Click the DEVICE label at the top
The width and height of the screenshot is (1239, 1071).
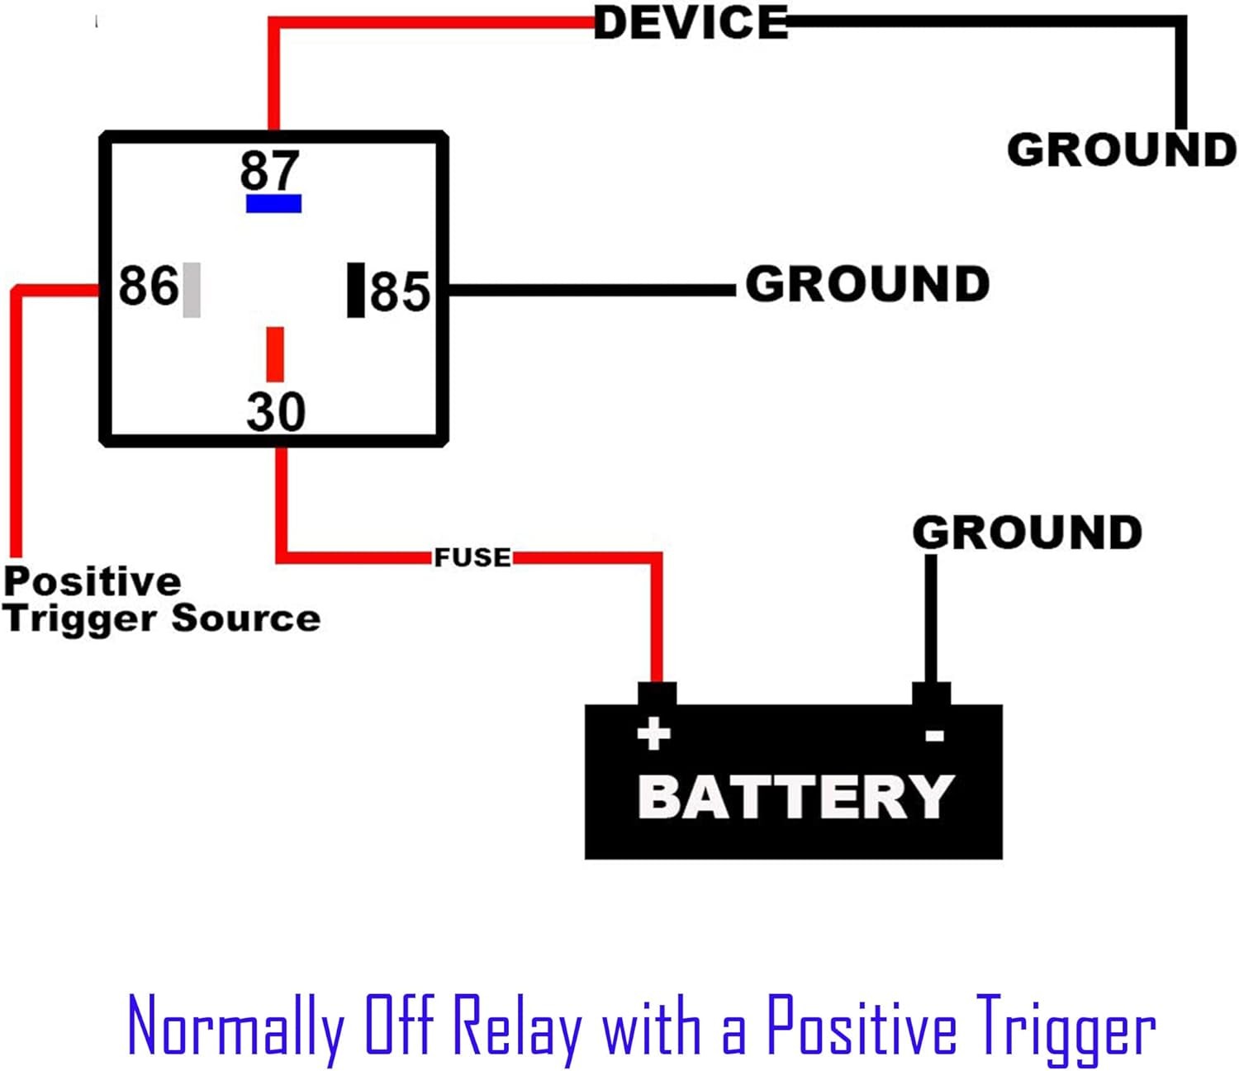691,23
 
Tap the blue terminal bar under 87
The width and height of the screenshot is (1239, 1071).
273,203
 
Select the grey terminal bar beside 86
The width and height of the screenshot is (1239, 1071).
192,289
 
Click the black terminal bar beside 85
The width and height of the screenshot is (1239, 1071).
355,289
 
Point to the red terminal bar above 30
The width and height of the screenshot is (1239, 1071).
275,353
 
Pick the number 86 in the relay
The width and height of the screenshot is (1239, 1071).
148,286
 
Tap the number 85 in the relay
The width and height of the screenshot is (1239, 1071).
400,291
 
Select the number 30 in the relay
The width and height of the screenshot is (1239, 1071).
276,411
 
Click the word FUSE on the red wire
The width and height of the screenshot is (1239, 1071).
472,557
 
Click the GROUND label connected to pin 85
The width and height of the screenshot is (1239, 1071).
867,284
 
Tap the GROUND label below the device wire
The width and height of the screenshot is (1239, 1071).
1121,150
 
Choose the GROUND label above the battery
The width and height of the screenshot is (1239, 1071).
1027,532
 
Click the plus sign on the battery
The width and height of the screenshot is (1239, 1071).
654,733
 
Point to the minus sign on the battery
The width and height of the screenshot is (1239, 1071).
934,735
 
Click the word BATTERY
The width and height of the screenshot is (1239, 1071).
795,797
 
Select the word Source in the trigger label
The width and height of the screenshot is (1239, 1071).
246,618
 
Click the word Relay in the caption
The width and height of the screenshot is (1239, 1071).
519,1027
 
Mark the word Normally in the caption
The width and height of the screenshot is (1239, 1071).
236,1027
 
